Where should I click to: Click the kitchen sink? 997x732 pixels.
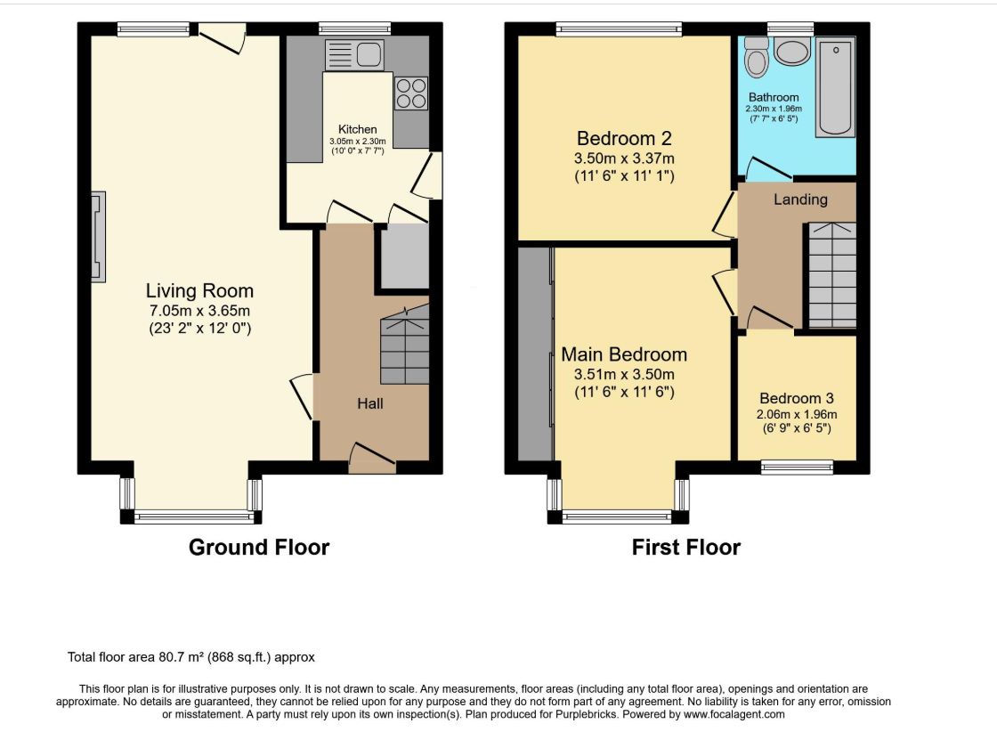tap(354, 54)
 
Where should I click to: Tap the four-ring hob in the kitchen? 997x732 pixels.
tap(410, 94)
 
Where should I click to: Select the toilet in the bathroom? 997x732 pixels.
tap(757, 57)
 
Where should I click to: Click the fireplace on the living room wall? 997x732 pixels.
tap(98, 237)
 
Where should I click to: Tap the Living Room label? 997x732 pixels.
tap(199, 290)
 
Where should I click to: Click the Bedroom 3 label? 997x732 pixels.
tap(797, 398)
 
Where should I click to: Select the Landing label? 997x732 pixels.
tap(800, 199)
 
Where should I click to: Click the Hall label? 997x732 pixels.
tap(370, 403)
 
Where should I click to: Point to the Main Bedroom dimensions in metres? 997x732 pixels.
tap(624, 375)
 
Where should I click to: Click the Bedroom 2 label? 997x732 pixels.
tap(624, 138)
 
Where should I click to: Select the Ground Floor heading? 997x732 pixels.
tap(259, 547)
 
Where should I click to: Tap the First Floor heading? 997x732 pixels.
tap(686, 547)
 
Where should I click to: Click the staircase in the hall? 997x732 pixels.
tap(405, 344)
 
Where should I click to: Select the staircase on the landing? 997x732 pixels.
tap(831, 275)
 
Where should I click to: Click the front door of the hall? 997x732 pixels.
tap(372, 460)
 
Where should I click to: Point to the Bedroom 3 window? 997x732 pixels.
tap(798, 468)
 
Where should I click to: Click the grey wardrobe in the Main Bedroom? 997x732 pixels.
tap(535, 354)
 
